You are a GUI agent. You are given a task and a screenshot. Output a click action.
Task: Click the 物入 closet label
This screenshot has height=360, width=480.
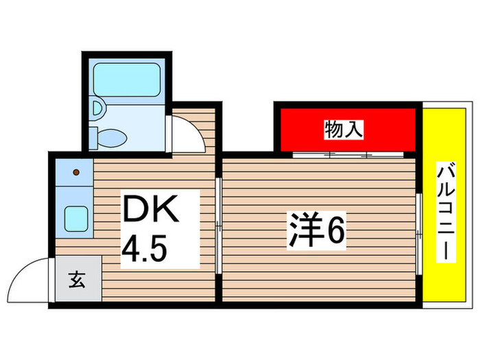[344, 128]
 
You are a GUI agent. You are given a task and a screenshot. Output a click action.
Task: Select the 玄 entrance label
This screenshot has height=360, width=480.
[76, 280]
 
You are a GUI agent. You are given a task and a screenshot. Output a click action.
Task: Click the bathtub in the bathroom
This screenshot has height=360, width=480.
[127, 83]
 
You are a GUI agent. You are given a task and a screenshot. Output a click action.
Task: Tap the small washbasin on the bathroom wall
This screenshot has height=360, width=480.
[98, 108]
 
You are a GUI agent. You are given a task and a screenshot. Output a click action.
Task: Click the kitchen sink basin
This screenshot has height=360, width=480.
[75, 219]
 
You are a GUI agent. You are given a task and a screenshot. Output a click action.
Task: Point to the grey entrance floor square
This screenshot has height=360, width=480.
[77, 280]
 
